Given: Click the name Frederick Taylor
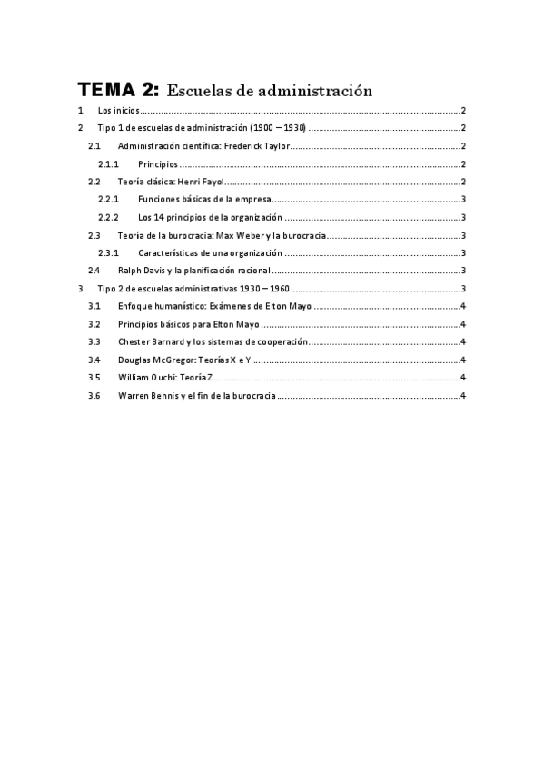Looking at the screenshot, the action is point(250,147).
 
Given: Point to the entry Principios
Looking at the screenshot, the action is point(157,164).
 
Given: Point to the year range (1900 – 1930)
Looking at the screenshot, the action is point(276,129).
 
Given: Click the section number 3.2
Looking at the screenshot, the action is point(94,324).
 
